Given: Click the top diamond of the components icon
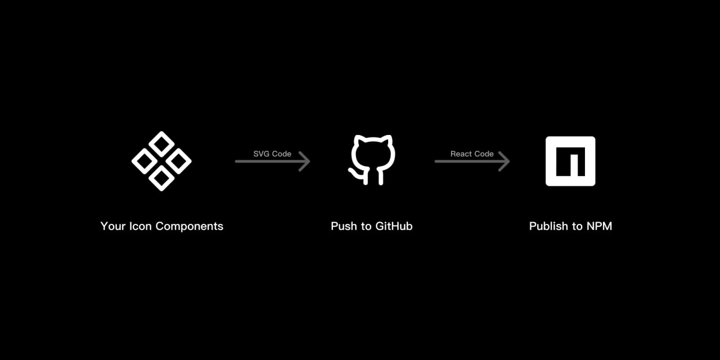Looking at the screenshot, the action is coord(161,144).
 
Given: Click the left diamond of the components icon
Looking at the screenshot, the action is coord(144,161).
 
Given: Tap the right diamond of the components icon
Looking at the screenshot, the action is coord(179,161).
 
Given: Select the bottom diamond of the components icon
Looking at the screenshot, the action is coord(161,178).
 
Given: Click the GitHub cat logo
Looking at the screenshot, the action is coord(372,160).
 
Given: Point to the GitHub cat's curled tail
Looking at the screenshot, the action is coord(356,174).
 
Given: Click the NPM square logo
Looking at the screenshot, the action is coord(570,161).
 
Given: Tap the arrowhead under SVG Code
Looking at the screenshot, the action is coord(304,161).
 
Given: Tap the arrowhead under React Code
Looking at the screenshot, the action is coord(503,161).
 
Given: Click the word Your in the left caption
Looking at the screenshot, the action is coord(113,226).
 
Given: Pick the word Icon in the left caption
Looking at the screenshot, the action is coord(140,226).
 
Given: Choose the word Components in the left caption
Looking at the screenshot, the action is coord(190,227).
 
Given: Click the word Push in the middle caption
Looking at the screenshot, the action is coord(344,226).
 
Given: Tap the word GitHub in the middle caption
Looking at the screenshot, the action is coord(394,226).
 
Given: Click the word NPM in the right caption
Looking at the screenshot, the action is coord(600,226).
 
